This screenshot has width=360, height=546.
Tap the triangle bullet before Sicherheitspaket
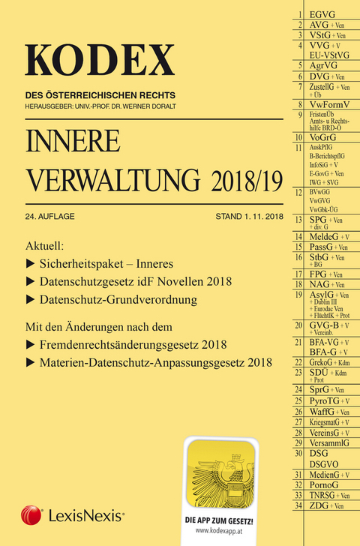(31, 264)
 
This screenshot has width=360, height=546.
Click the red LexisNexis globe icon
(31, 515)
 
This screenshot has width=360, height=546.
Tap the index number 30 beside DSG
(298, 454)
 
